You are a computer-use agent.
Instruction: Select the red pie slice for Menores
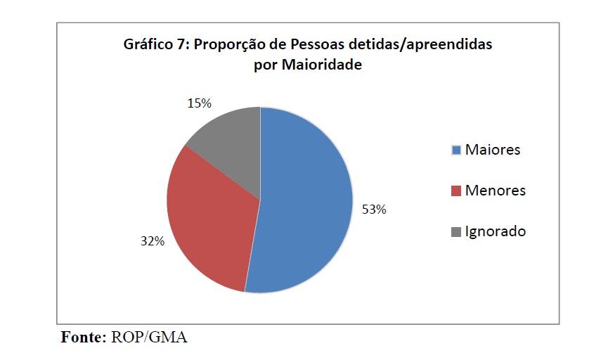211,218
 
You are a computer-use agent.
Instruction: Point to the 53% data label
373,210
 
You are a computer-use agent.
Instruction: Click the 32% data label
152,241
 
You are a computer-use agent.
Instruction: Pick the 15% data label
199,103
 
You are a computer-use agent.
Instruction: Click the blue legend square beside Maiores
456,150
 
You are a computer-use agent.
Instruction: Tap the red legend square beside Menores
456,191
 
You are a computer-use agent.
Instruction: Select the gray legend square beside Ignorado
456,232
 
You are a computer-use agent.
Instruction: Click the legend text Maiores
493,150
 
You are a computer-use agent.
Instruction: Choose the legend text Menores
495,191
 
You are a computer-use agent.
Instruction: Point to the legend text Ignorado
495,231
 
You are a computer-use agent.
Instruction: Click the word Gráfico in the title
148,45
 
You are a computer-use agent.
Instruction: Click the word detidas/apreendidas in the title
420,45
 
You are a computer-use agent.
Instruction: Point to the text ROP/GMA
150,337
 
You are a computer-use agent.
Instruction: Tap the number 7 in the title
181,45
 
